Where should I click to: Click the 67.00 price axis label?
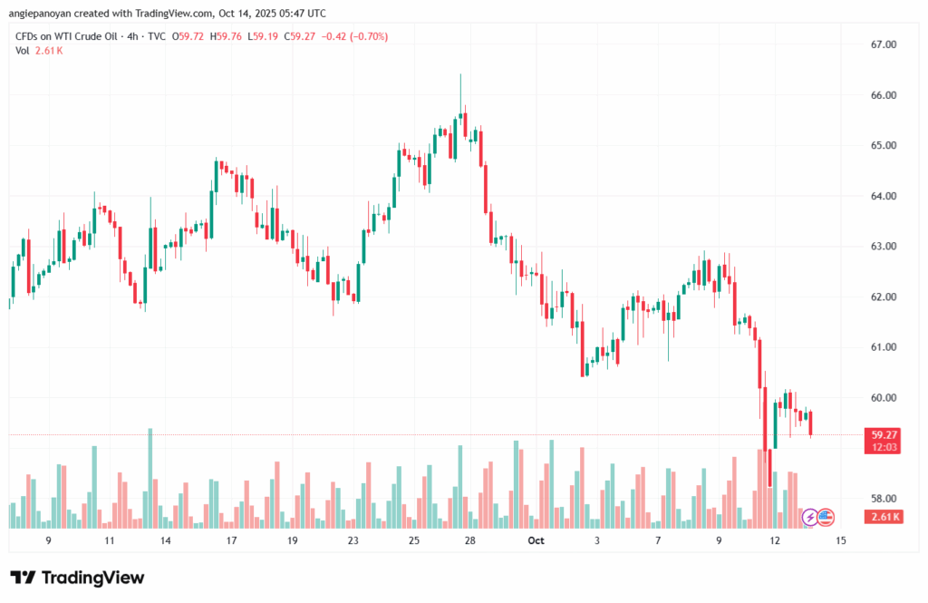(x=883, y=44)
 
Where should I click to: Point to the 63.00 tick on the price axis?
(x=883, y=247)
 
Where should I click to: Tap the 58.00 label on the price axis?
(x=883, y=499)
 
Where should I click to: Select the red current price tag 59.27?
(x=883, y=434)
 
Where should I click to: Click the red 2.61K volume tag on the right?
(x=883, y=517)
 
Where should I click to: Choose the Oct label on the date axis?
(x=536, y=540)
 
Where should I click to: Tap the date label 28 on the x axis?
(x=469, y=540)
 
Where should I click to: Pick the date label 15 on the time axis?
(x=841, y=540)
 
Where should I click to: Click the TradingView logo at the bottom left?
(x=77, y=579)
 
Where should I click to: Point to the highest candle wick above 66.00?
(x=460, y=76)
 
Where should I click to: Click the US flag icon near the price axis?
(x=825, y=517)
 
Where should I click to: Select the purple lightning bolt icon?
(x=809, y=517)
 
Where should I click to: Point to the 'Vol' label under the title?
(x=22, y=50)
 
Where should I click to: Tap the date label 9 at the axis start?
(x=48, y=540)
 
